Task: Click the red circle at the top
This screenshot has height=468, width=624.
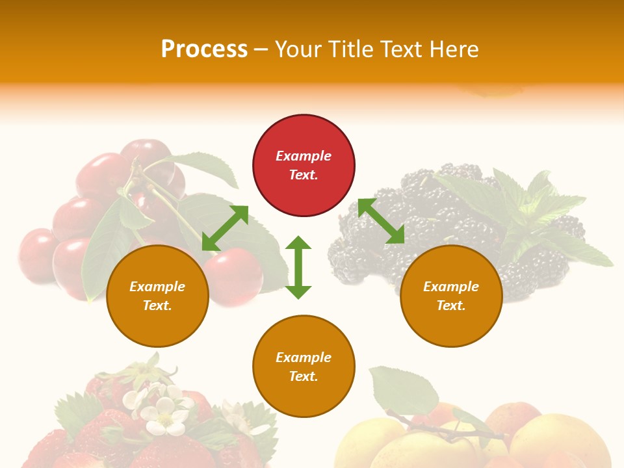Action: click(x=304, y=165)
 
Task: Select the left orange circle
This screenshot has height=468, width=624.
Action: click(x=157, y=296)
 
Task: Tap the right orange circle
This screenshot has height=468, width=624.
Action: click(x=451, y=296)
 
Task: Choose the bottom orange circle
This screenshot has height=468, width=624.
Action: click(x=304, y=367)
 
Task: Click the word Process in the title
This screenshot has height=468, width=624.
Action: click(x=204, y=49)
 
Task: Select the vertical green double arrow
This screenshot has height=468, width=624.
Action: click(x=298, y=267)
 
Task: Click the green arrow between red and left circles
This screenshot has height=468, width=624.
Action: click(x=225, y=228)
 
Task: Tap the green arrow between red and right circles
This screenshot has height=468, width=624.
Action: click(x=381, y=221)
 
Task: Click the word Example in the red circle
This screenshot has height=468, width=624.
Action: click(x=304, y=156)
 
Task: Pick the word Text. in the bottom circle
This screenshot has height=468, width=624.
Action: click(x=304, y=376)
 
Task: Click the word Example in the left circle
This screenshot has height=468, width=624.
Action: click(x=157, y=287)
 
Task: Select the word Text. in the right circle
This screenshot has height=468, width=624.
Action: click(x=451, y=305)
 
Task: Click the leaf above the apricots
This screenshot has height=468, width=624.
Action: click(x=403, y=390)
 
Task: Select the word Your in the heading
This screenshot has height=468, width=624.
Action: click(x=300, y=49)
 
